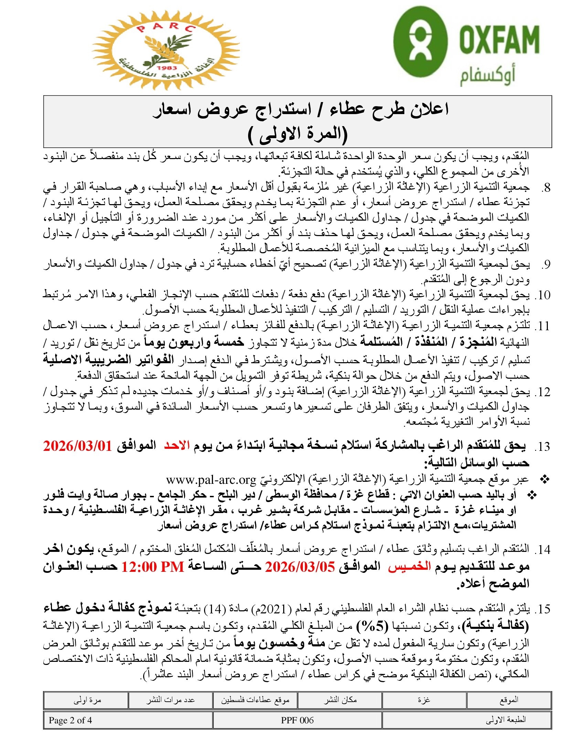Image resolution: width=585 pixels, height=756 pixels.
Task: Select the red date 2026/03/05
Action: pos(300,567)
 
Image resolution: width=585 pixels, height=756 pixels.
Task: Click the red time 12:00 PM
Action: pos(152,567)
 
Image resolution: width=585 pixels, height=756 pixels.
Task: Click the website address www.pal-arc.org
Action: pos(211,480)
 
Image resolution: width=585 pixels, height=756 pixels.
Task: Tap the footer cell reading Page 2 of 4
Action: pos(70,720)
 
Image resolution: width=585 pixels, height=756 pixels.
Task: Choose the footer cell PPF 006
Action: pos(297,720)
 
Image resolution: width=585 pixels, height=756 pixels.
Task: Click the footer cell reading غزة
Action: pos(424,700)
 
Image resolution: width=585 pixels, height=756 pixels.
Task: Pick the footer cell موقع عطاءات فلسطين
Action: pos(255,700)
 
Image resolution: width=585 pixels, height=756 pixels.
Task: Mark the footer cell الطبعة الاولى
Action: pos(506,720)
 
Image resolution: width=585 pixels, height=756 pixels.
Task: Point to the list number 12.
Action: pos(543,392)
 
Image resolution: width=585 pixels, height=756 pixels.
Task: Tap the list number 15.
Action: pos(543,609)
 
